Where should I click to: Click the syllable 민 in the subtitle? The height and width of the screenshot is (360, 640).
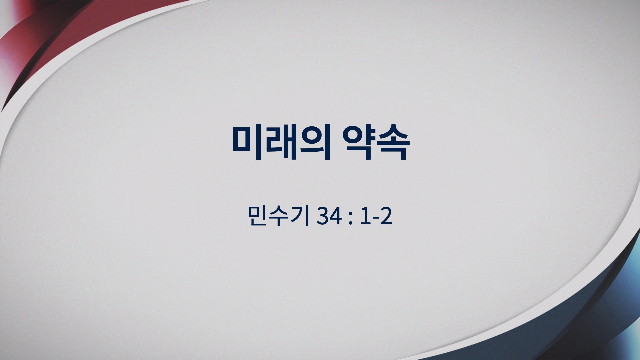tap(257, 216)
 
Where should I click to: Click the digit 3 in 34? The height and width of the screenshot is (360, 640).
tap(323, 216)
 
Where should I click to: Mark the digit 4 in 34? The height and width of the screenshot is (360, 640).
tap(336, 216)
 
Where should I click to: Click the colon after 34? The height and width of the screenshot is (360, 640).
tap(350, 218)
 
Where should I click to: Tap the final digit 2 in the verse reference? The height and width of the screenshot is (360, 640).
tap(386, 216)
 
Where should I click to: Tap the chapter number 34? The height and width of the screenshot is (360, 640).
tap(329, 216)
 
